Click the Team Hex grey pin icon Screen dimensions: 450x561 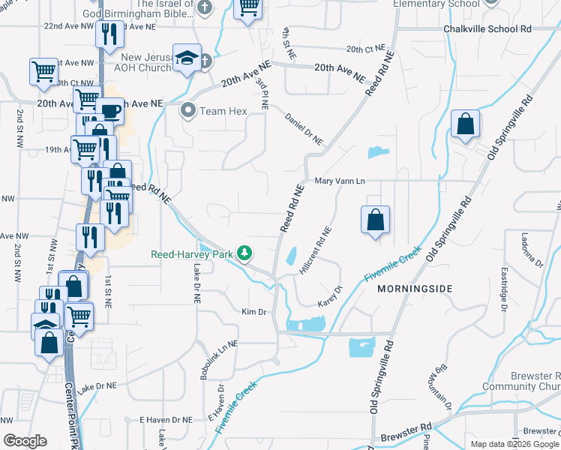[x=187, y=111]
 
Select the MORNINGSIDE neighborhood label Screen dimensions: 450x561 [x=415, y=289]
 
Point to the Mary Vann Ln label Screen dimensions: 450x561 [x=339, y=181]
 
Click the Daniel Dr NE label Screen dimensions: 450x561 [x=304, y=129]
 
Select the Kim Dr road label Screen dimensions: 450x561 [x=253, y=311]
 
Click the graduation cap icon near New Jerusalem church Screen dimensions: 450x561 [x=185, y=58]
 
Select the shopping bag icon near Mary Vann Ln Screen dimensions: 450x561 [x=376, y=220]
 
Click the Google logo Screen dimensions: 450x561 [x=25, y=441]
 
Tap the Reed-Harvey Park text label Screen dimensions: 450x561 [x=192, y=254]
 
